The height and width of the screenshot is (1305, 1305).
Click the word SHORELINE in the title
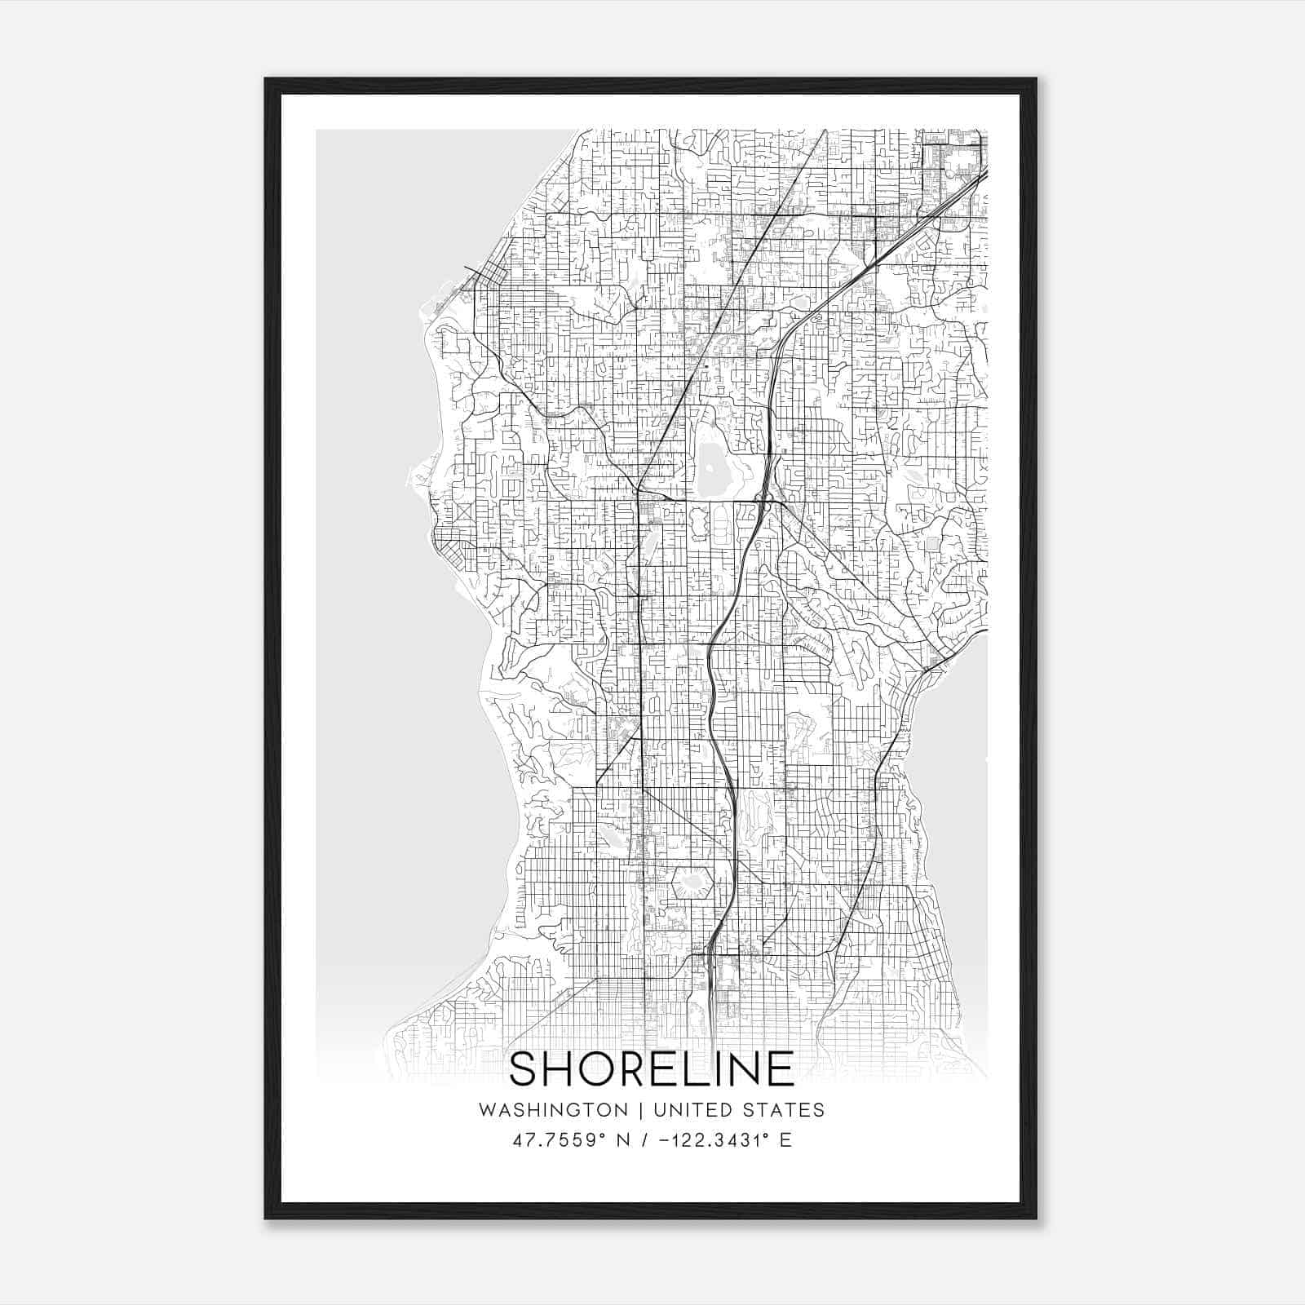[x=652, y=1069]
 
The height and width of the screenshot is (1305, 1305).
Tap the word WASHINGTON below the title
[x=553, y=1110]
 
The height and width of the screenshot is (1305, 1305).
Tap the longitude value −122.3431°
[x=710, y=1140]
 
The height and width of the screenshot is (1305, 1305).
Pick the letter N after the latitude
[x=624, y=1140]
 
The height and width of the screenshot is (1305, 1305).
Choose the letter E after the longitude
[x=785, y=1140]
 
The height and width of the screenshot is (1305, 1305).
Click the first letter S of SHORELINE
[x=524, y=1069]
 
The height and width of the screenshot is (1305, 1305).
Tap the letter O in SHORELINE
[x=603, y=1069]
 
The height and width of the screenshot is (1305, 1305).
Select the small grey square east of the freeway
[x=932, y=543]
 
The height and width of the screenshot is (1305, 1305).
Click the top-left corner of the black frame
[x=267, y=80]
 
